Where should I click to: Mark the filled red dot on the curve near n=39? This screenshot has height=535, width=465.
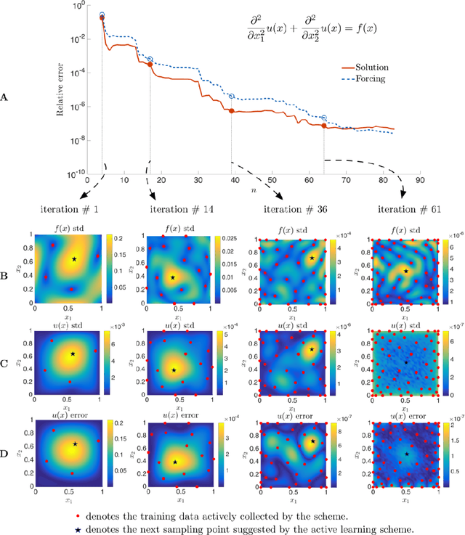point(232,111)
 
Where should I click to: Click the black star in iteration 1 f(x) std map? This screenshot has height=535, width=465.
point(75,259)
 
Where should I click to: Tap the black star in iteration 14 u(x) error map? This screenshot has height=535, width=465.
point(174,462)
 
